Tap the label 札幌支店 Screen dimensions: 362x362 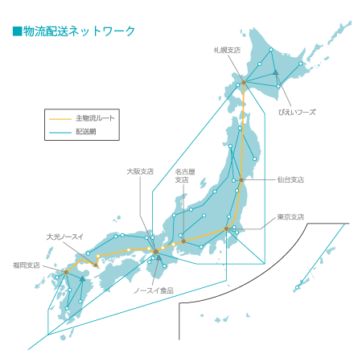coord(228,49)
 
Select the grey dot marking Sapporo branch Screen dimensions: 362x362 coord(244,82)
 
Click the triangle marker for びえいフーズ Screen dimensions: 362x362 coord(276,73)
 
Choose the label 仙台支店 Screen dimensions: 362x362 coord(290,180)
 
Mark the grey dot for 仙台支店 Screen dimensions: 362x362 coord(241,179)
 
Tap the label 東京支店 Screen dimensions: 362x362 coord(290,217)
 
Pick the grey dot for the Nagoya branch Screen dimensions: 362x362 coord(183,241)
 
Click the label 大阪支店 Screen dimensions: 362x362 coord(140,171)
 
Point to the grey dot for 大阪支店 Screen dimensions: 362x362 coord(154,252)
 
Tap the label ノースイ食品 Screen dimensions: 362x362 coord(154,290)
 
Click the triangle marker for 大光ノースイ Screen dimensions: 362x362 coord(83,279)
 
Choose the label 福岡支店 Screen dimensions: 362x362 coord(27,264)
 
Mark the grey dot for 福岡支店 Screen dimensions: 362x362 coord(67,272)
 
